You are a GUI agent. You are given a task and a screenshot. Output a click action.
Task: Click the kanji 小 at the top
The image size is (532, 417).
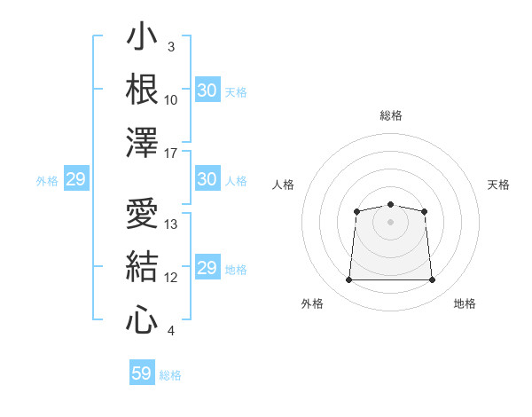click(x=142, y=35)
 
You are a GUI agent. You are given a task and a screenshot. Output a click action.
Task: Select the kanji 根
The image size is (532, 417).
click(x=142, y=89)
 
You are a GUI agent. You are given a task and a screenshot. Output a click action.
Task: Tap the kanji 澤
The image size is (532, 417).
click(x=142, y=142)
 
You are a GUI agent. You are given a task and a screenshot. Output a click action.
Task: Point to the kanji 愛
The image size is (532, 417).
click(x=142, y=213)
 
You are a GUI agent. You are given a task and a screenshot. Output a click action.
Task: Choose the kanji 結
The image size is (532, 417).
click(x=142, y=266)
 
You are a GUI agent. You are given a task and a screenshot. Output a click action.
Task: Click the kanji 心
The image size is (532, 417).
click(x=142, y=319)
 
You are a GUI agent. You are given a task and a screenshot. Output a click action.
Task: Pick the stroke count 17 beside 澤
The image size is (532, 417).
click(x=170, y=153)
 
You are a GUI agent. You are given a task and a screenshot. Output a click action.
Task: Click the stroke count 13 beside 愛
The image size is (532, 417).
click(x=170, y=224)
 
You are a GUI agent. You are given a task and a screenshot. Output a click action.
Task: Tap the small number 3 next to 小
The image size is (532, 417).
click(x=171, y=47)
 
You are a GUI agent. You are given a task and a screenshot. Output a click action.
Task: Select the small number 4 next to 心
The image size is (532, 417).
click(x=171, y=331)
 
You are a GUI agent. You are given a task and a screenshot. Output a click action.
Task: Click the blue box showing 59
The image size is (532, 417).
click(x=142, y=372)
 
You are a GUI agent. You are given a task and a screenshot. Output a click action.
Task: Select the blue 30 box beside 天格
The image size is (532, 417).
click(x=207, y=90)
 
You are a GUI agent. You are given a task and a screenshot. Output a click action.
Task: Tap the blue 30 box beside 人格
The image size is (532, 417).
click(x=207, y=178)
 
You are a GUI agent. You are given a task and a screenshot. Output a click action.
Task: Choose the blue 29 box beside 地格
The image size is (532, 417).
click(x=207, y=266)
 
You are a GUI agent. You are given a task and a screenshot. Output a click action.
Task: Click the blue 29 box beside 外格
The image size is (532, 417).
click(x=76, y=178)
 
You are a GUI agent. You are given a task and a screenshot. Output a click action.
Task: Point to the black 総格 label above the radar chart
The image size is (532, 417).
click(x=391, y=115)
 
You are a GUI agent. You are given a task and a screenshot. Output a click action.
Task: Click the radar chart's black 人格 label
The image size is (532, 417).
click(x=283, y=185)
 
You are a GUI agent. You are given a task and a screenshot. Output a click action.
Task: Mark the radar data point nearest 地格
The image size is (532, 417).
click(x=433, y=279)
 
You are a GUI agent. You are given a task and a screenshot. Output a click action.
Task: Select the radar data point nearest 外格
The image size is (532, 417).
click(x=348, y=279)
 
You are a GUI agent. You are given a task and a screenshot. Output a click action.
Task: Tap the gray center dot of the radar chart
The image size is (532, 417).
click(x=390, y=222)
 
